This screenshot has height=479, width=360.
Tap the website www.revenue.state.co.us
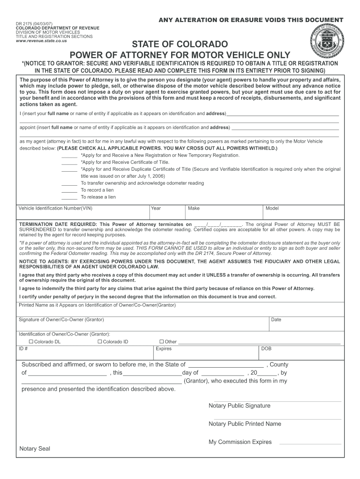click(41, 41)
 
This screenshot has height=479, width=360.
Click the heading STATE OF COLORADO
click(180, 45)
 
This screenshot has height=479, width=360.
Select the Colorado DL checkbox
click(30, 341)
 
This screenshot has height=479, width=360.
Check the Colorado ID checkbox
click(100, 341)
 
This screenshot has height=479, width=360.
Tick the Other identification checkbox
click(162, 341)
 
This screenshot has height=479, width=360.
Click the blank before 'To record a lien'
click(69, 190)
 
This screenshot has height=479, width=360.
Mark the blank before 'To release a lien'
click(69, 197)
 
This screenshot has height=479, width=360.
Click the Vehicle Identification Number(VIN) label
click(55, 208)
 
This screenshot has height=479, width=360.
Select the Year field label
click(156, 208)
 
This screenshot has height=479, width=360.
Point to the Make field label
click(194, 208)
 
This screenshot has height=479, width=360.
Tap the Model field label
click(272, 208)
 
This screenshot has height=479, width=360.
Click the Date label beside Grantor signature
click(276, 320)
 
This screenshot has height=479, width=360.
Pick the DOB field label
click(266, 348)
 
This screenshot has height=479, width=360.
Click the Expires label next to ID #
click(164, 348)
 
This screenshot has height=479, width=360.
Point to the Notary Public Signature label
click(239, 406)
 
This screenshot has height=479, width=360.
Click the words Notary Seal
click(35, 449)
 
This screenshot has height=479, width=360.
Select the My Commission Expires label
click(240, 442)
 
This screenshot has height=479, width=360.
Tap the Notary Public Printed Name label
click(245, 424)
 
